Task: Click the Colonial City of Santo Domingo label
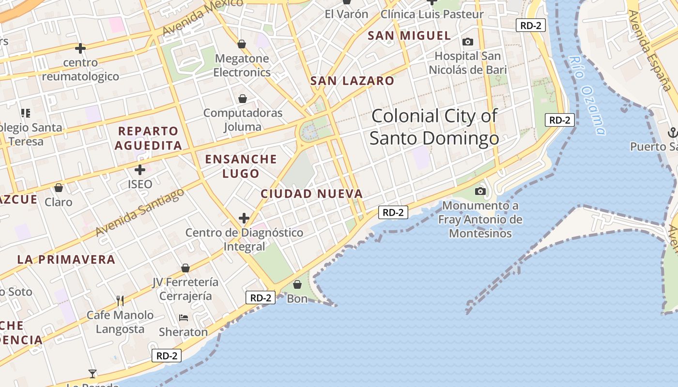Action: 434,127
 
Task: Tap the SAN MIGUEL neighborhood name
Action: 409,35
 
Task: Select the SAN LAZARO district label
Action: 352,81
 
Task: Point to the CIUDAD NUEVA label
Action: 311,194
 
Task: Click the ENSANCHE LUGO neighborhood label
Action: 241,166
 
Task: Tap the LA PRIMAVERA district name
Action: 66,259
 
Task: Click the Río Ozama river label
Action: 587,96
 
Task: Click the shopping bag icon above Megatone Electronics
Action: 242,45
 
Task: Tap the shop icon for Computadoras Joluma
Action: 243,99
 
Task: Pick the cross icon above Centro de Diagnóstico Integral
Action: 244,218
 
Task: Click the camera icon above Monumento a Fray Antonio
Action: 480,191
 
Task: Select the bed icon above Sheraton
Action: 184,318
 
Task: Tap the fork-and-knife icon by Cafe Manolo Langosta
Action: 120,301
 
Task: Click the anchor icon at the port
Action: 672,132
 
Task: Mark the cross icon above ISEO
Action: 140,170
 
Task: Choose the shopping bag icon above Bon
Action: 297,284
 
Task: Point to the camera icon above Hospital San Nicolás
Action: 468,42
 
